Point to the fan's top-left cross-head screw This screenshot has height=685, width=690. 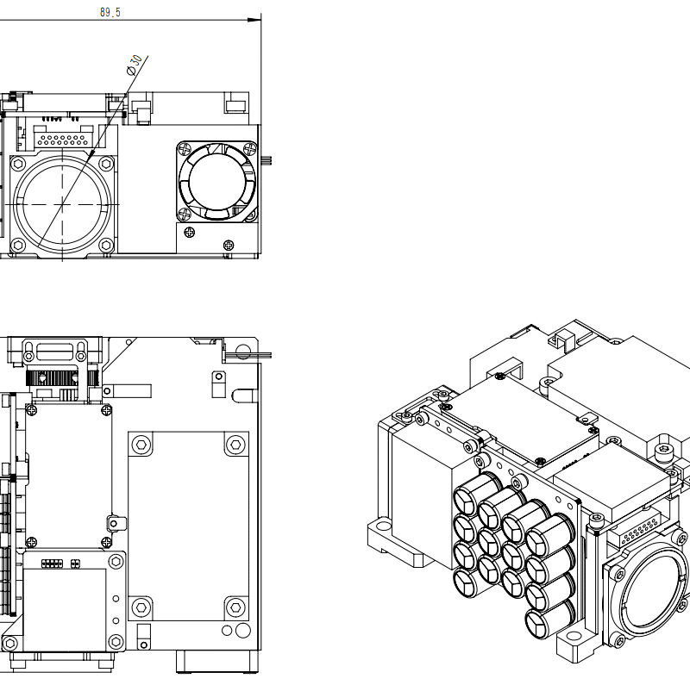(184, 148)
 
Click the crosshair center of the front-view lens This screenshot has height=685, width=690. (62, 204)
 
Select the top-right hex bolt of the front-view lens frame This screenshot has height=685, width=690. (105, 163)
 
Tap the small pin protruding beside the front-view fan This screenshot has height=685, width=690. (268, 159)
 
